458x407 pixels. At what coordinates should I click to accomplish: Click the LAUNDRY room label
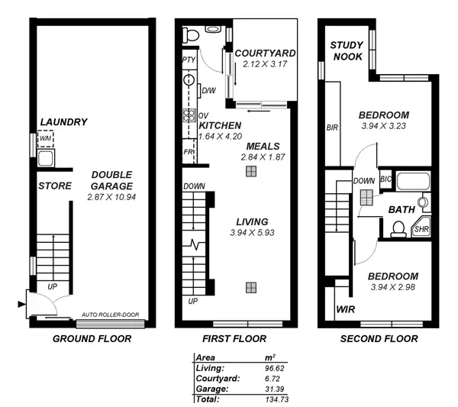click(x=63, y=121)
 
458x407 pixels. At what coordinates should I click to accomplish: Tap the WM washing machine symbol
click(x=45, y=139)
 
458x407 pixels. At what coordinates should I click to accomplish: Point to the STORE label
click(x=54, y=186)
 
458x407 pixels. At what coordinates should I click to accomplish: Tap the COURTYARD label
click(x=265, y=53)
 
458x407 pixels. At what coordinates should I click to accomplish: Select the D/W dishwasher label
click(x=208, y=92)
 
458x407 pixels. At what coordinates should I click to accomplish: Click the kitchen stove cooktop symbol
click(x=188, y=116)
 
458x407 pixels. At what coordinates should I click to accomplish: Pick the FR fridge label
click(x=188, y=152)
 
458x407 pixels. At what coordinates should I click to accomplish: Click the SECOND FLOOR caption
click(x=379, y=338)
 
